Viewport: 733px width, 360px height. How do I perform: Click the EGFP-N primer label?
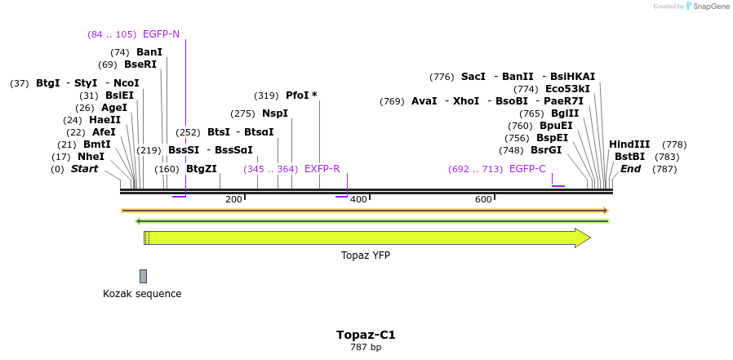coord(161,34)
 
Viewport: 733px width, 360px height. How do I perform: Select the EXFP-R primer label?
coord(322,169)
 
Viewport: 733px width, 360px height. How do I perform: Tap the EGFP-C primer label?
coord(527,169)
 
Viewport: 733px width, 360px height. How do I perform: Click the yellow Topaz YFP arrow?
coord(367,238)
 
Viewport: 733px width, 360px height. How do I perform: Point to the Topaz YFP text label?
coord(365,256)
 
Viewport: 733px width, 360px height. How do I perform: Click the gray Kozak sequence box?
coord(143,276)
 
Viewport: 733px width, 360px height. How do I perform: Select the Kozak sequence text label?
coord(142,294)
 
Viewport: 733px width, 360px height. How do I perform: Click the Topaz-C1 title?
coord(366,335)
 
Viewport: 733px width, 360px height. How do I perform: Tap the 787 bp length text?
coord(366,348)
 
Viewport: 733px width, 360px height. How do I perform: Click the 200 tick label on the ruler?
coord(233,200)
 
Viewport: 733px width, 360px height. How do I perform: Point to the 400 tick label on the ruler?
coord(358,200)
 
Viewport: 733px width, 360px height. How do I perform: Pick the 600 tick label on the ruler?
coord(483,200)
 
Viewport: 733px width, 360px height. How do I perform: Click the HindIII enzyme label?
coord(629,144)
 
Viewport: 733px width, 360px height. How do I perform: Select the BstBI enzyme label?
coord(629,157)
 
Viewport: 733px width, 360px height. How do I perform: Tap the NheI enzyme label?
coord(91,157)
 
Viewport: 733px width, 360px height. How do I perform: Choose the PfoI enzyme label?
coord(300,96)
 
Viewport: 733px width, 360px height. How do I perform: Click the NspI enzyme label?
coord(275,113)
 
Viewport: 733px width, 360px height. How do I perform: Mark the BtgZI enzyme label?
coord(202,169)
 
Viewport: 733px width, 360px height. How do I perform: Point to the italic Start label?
coord(84,169)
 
